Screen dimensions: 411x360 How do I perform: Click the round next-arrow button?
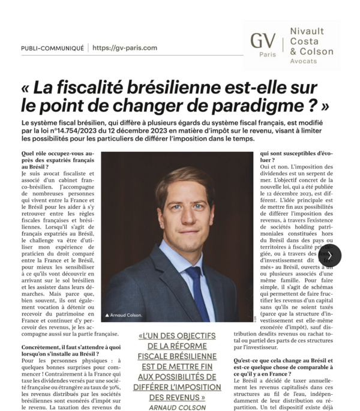tap(330, 255)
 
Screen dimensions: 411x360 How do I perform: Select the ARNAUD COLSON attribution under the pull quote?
tap(179, 407)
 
